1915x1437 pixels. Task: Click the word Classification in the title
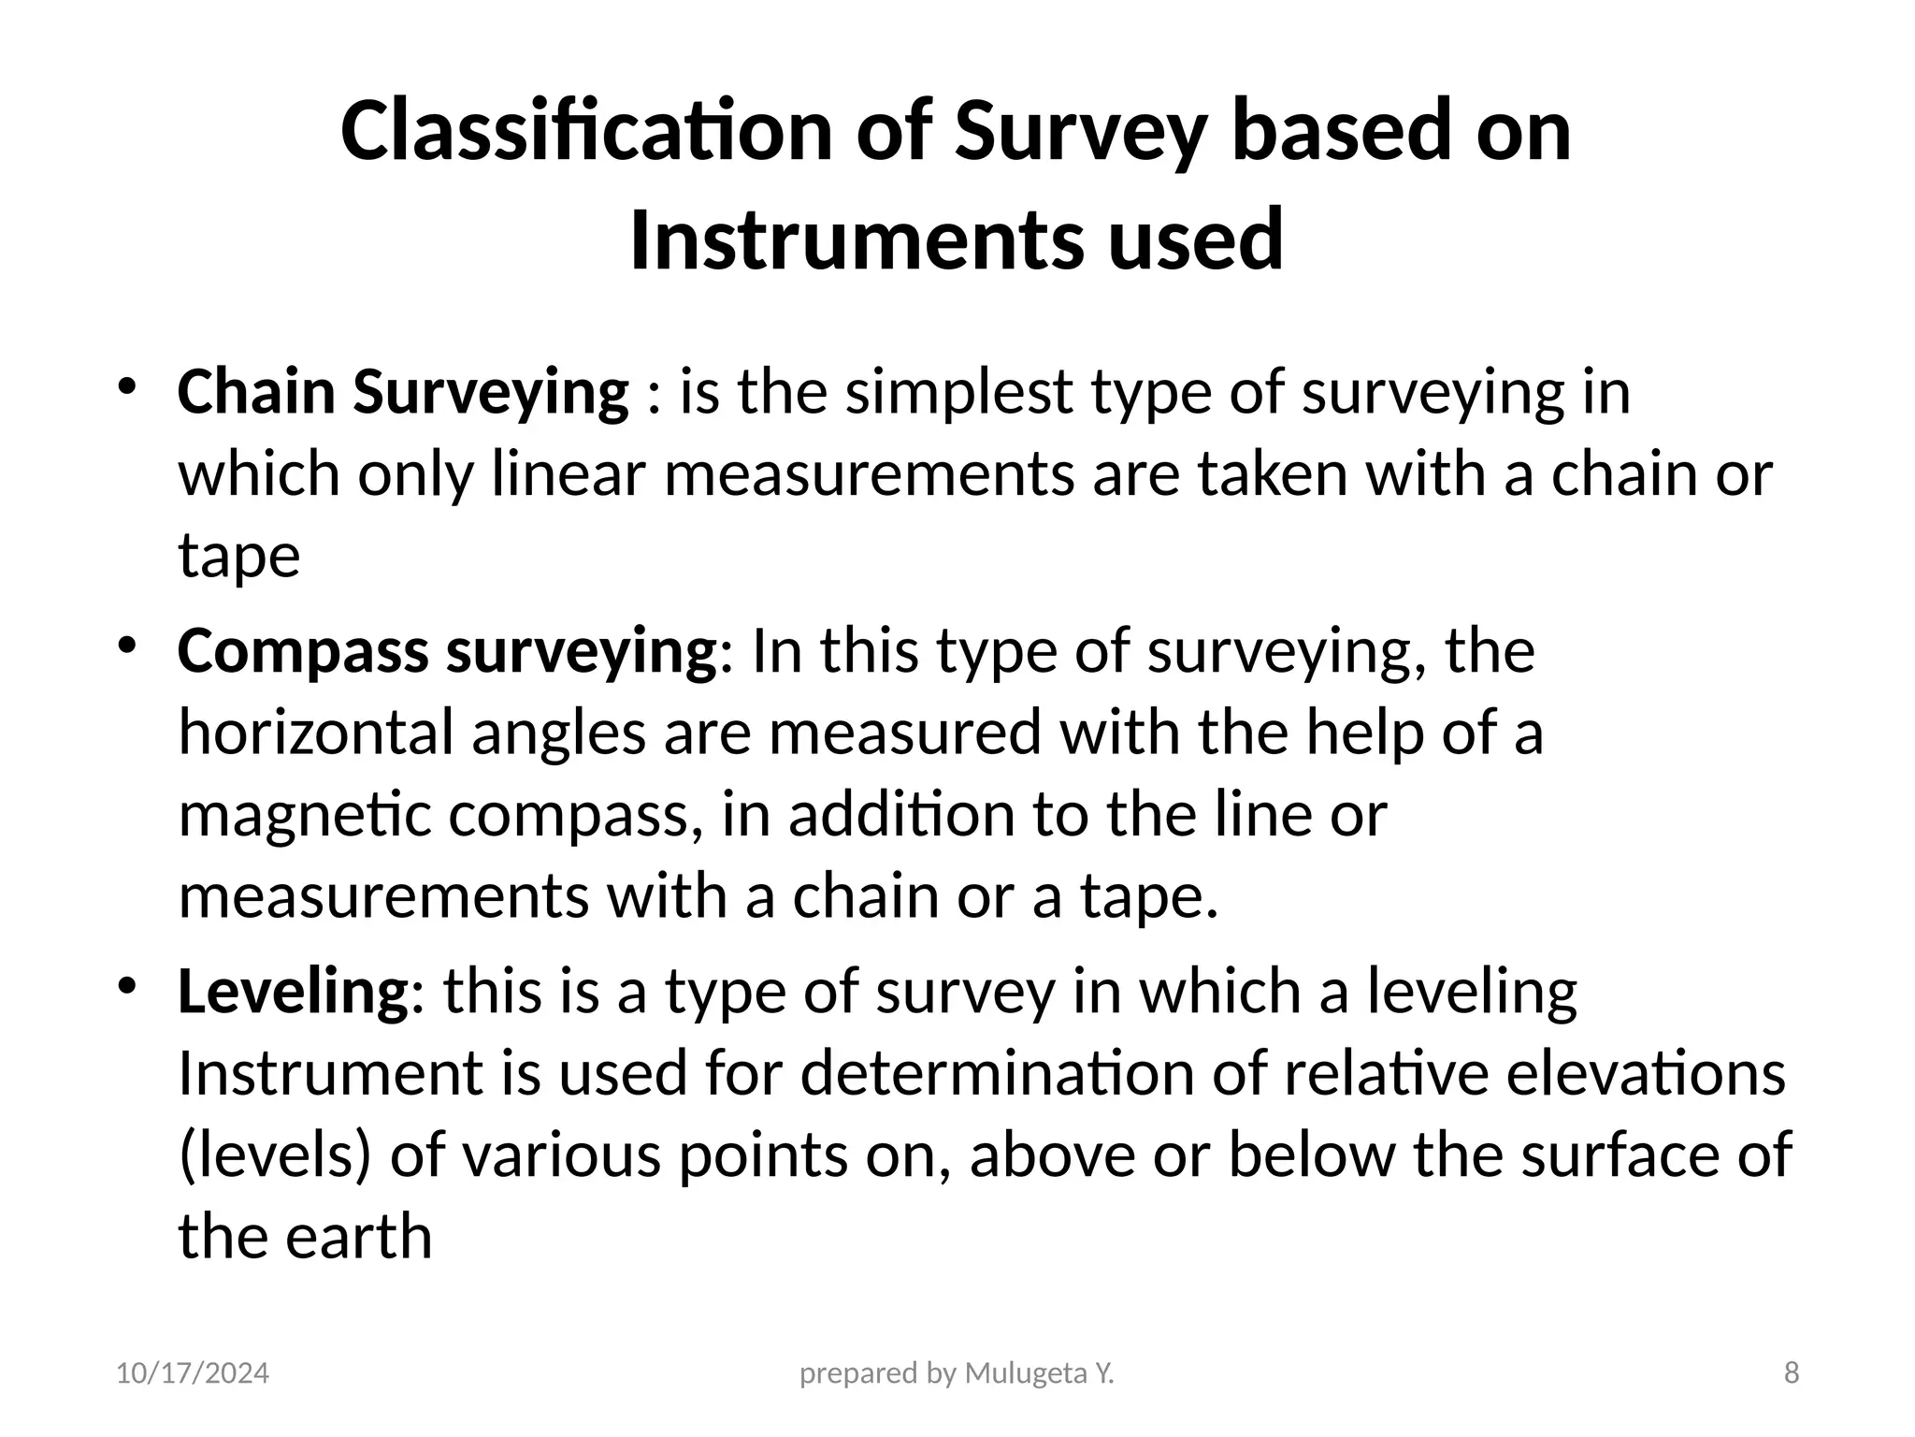tap(587, 131)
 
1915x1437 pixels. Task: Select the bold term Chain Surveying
tap(403, 392)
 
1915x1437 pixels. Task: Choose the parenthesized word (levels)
tap(275, 1154)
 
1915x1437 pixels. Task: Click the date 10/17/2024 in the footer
tap(193, 1373)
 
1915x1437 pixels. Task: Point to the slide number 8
tap(1792, 1373)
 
